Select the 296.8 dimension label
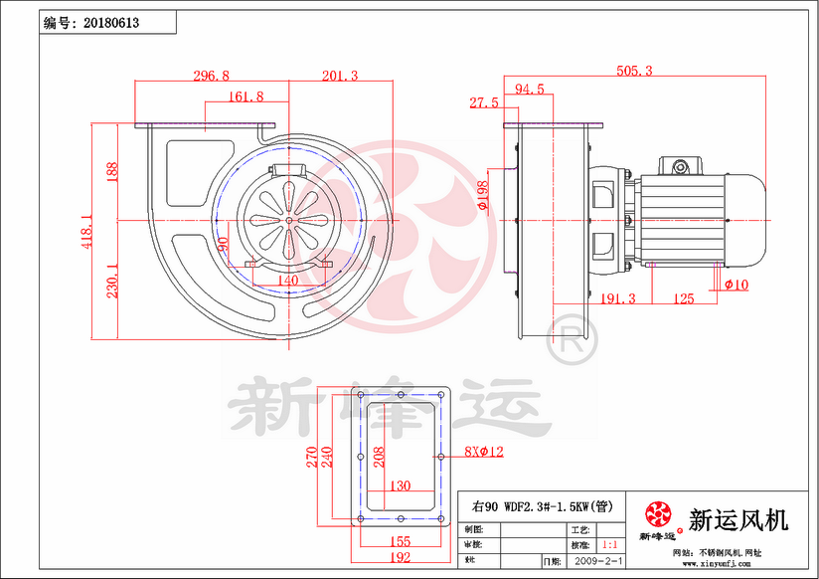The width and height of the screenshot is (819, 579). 211,76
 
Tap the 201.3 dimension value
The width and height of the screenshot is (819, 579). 340,76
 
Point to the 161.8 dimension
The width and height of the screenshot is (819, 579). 246,96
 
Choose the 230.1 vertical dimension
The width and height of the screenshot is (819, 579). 112,280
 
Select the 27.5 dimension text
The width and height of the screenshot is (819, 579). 484,102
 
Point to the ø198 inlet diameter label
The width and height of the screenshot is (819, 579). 483,196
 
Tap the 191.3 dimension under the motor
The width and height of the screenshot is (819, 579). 618,298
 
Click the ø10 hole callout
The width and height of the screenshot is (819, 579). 737,286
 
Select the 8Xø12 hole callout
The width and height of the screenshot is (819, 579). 484,452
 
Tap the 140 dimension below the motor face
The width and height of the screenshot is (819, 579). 287,282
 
